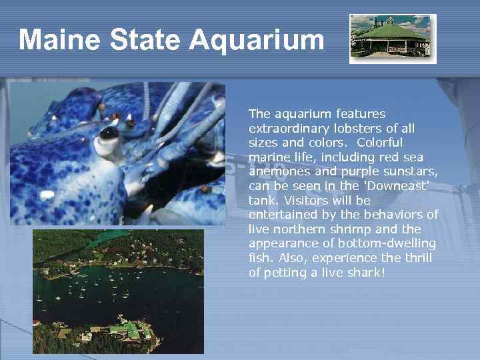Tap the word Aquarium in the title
pos(257,40)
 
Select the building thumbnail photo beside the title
pos(392,39)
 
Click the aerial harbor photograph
pos(118,291)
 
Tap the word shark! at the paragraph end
pos(363,272)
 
